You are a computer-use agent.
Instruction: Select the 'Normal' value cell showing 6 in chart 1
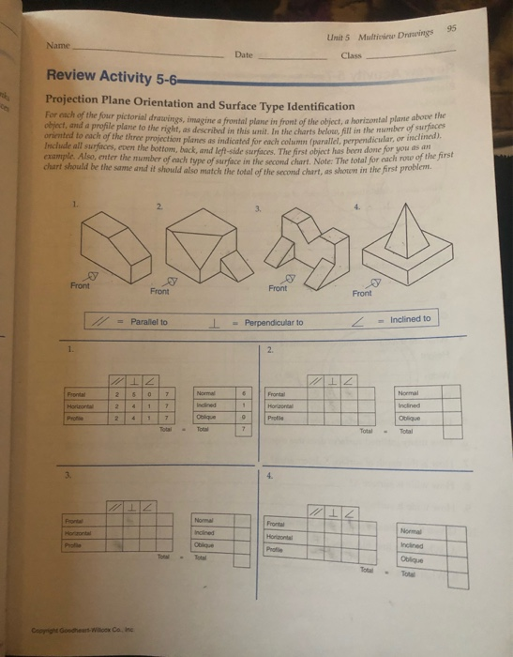tap(244, 393)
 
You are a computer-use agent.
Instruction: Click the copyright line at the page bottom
tap(84, 634)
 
